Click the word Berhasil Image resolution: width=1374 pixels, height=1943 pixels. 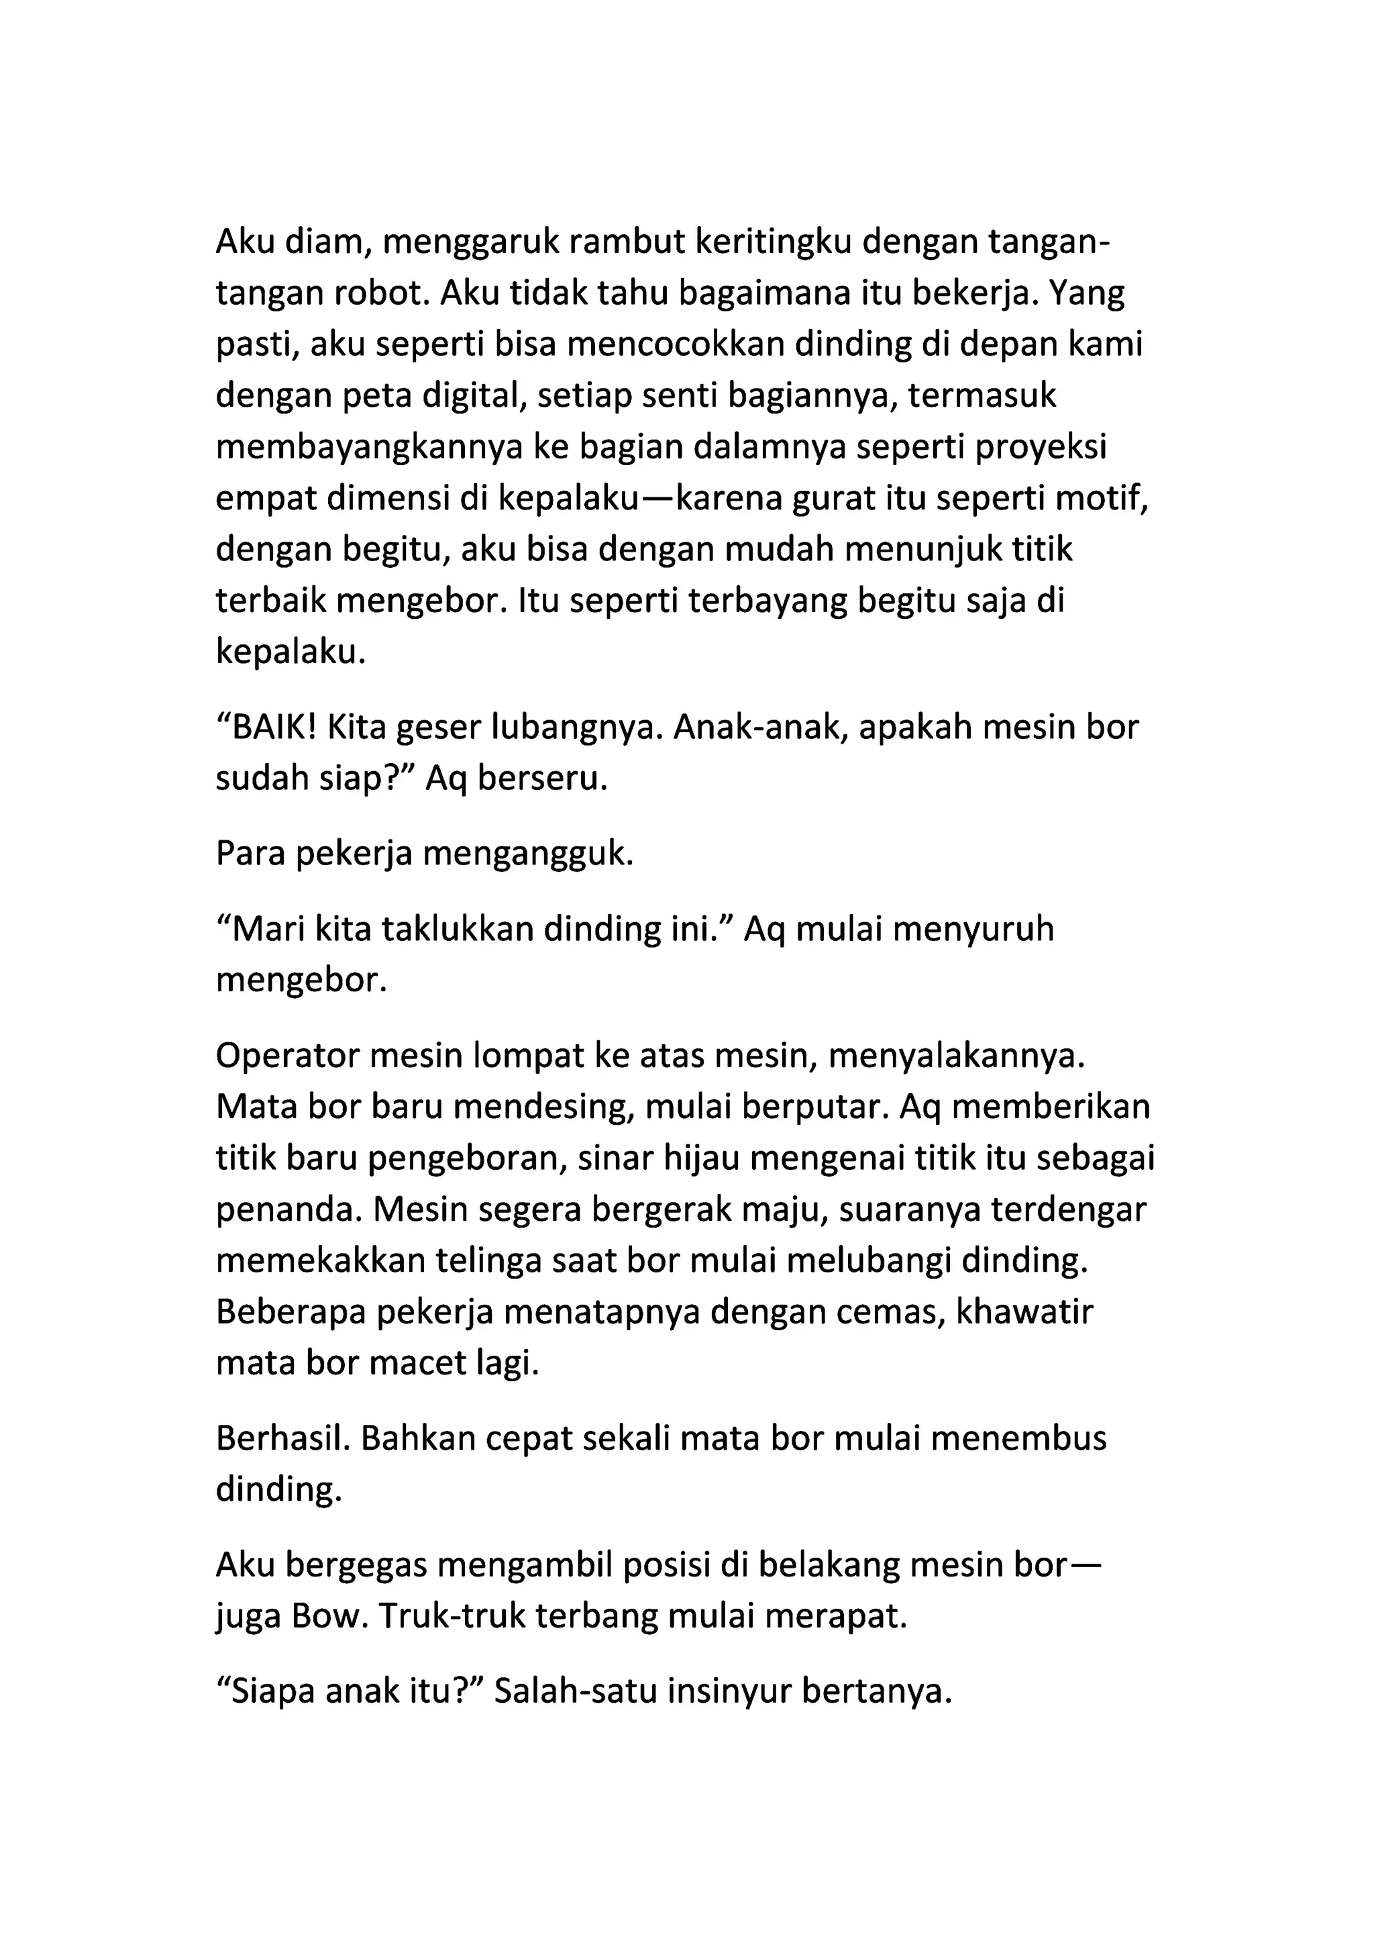pos(282,1439)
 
